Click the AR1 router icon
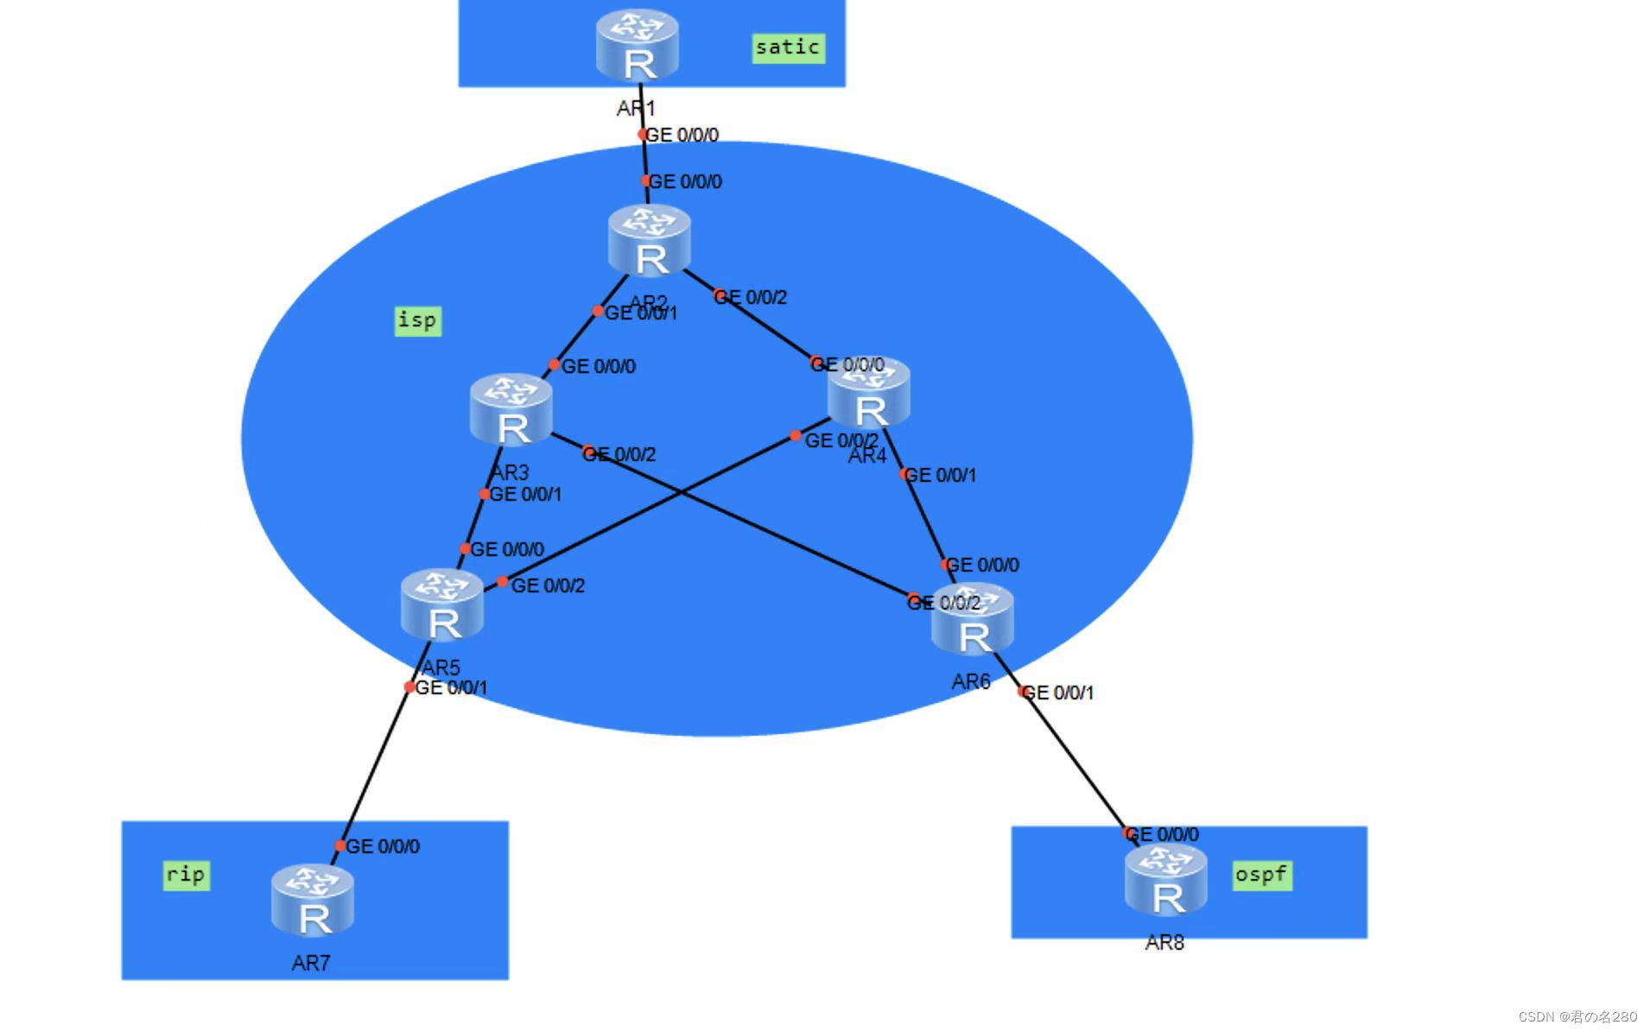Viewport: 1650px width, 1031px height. tap(638, 45)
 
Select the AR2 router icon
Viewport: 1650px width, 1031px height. tap(650, 241)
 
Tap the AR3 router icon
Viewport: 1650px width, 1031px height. tap(511, 410)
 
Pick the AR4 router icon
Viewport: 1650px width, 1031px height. tap(869, 394)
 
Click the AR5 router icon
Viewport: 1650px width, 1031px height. tap(442, 605)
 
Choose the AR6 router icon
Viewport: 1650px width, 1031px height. tap(973, 620)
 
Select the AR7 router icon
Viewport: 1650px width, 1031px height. tap(313, 901)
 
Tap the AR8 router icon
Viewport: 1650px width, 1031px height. tap(1166, 880)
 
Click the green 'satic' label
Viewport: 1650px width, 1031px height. tap(788, 47)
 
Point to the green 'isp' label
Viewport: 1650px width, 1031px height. tap(417, 320)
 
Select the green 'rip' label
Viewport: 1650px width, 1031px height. tap(186, 875)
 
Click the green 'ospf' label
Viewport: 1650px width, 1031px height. tap(1261, 875)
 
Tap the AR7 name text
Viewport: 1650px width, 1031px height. tap(311, 963)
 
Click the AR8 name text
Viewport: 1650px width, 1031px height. tap(1165, 943)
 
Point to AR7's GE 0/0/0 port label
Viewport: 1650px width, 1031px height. tap(383, 846)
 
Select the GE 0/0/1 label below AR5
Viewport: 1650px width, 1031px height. tap(451, 687)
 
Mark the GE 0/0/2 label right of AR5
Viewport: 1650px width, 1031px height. tap(548, 585)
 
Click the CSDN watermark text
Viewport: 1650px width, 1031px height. tap(1577, 1016)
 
